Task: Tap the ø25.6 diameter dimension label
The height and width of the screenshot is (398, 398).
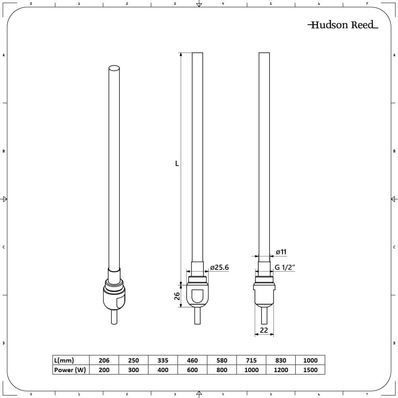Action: pos(219,267)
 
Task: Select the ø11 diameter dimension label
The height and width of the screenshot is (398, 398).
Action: pos(281,252)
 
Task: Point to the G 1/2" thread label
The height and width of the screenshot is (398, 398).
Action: pos(284,267)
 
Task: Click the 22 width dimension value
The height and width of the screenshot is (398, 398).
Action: pos(264,330)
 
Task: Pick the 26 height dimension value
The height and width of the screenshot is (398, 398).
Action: pos(178,296)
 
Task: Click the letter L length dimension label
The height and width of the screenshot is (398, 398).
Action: pos(177,164)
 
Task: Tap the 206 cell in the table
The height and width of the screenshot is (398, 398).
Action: pos(104,360)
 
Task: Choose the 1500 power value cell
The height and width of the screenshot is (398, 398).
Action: pos(310,370)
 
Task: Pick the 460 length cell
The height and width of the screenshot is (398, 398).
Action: pos(192,360)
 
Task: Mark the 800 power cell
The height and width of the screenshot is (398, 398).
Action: pos(222,370)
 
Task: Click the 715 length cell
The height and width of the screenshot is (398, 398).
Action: pos(251,360)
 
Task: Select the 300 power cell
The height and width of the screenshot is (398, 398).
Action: pos(133,370)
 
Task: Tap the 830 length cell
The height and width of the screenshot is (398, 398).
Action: pos(281,360)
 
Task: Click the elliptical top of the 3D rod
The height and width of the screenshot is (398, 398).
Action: pos(114,68)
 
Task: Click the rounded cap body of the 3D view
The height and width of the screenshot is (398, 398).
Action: pos(114,298)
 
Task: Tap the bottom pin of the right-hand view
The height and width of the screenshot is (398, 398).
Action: pos(264,316)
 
